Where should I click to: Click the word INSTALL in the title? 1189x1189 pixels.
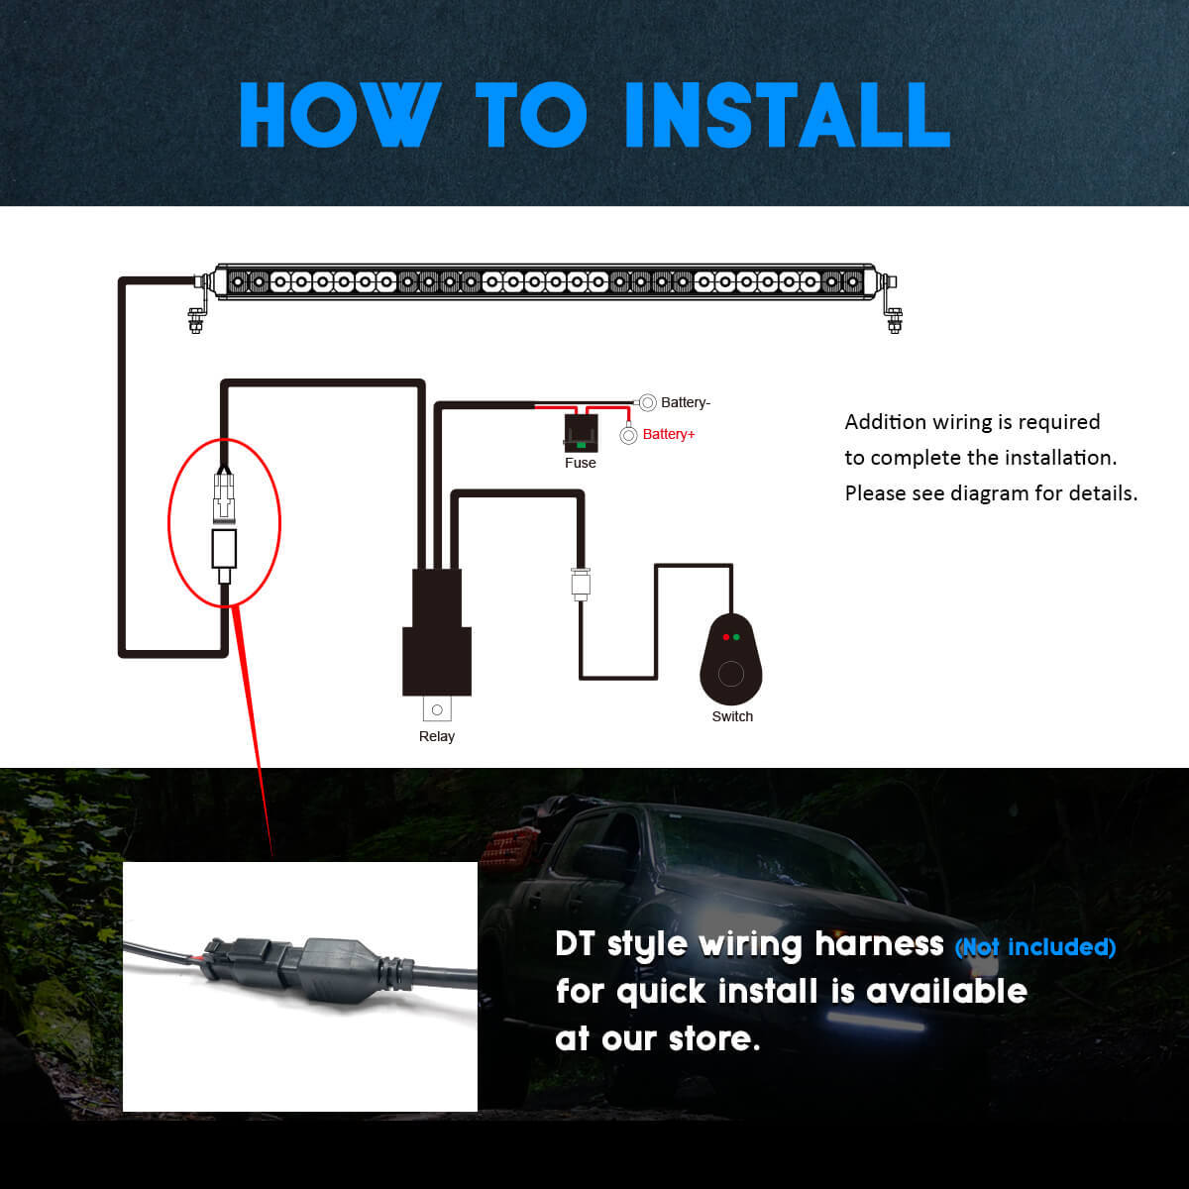(788, 115)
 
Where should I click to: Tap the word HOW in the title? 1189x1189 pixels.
(340, 115)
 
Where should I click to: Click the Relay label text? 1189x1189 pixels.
(437, 736)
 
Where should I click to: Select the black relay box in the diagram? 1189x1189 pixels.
(437, 632)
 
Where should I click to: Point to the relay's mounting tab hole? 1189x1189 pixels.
(438, 709)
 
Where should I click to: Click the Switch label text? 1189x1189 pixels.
(732, 716)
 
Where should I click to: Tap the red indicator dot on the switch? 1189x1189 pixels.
(726, 637)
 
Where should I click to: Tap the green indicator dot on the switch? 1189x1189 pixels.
(737, 637)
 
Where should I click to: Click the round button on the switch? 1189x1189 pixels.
(731, 674)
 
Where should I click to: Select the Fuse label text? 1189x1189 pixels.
(580, 463)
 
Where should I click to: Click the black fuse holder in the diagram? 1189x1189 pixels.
(581, 433)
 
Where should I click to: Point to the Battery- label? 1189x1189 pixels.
(686, 402)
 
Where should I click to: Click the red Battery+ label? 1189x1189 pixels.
(669, 434)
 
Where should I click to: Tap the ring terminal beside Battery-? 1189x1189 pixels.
(647, 403)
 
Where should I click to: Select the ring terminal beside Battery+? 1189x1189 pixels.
(629, 436)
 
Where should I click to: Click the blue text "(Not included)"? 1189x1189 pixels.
(1035, 947)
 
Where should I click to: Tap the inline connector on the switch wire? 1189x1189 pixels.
(581, 584)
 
